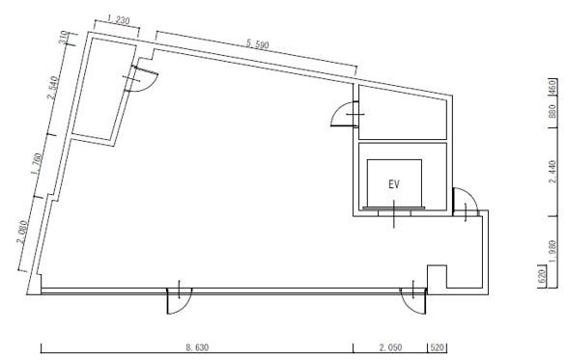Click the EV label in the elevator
pyautogui.click(x=394, y=184)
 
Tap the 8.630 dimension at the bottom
pyautogui.click(x=197, y=347)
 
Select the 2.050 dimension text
pyautogui.click(x=390, y=347)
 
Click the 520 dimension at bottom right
pyautogui.click(x=438, y=347)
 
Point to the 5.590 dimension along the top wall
pyautogui.click(x=258, y=44)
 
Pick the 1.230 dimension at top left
pyautogui.click(x=118, y=20)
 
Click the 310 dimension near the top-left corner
pyautogui.click(x=64, y=38)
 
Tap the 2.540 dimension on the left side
pyautogui.click(x=52, y=88)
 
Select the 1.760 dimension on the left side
pyautogui.click(x=37, y=164)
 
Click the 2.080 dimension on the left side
pyautogui.click(x=21, y=232)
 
